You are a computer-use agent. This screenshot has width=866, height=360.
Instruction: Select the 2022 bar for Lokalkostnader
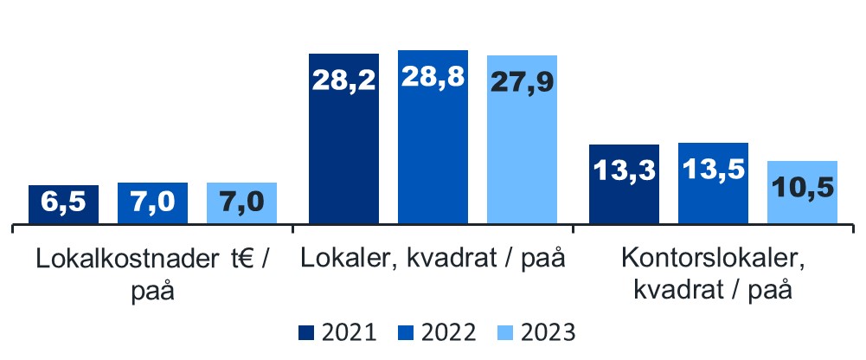tap(152, 205)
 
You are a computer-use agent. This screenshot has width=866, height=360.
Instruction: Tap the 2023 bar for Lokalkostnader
tap(241, 205)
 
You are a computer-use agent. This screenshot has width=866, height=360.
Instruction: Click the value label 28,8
tap(433, 78)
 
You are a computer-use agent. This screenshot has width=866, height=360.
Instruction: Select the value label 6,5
tap(63, 205)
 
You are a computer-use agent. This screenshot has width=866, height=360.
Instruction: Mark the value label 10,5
tap(802, 186)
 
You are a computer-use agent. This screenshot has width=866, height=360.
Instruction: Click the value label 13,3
tap(624, 170)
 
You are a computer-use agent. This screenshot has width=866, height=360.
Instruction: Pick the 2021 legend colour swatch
tap(305, 332)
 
